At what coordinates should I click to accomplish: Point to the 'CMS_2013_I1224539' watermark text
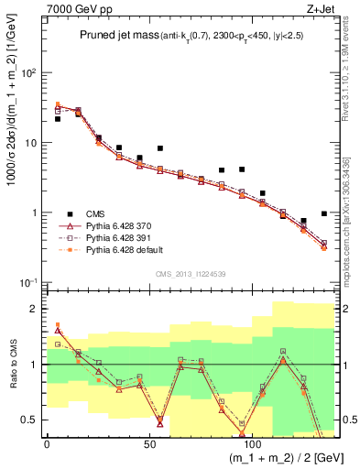[x=188, y=273]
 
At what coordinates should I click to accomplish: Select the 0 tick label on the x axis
[x=47, y=443]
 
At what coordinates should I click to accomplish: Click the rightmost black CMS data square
[x=324, y=213]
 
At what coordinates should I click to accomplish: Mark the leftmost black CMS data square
[x=58, y=119]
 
